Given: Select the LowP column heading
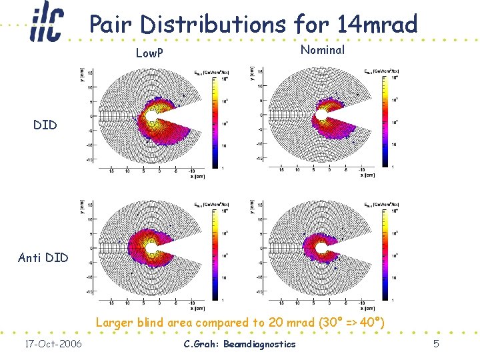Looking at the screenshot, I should click(x=150, y=53).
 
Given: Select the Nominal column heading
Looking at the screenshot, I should click(x=323, y=50).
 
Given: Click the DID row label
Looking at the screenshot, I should click(x=45, y=125).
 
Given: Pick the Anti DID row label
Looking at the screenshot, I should click(x=43, y=257).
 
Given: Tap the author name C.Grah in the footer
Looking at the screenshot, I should click(x=201, y=344).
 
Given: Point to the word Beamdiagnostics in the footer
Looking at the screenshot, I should click(x=260, y=344).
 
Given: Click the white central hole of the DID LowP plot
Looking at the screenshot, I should click(x=152, y=116).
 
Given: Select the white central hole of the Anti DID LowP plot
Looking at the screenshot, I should click(x=152, y=248).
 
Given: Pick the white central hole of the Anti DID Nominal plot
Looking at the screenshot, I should click(x=324, y=248).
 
